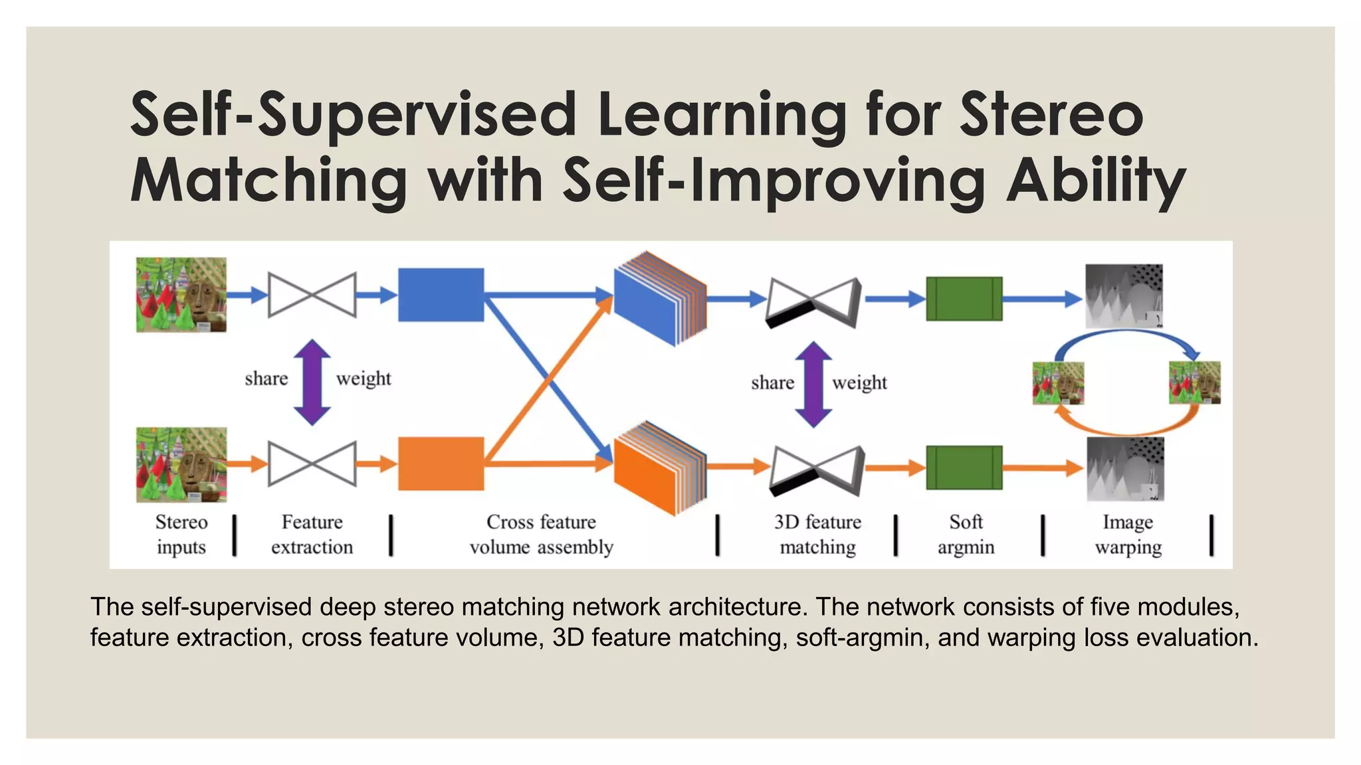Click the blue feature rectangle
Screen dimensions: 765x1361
click(x=441, y=295)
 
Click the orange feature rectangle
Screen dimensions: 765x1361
click(x=441, y=464)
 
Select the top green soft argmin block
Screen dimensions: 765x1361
click(x=964, y=299)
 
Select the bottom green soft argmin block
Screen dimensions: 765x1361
click(x=964, y=467)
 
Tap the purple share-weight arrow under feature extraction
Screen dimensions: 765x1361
click(x=312, y=382)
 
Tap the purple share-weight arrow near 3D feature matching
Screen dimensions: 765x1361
click(x=813, y=384)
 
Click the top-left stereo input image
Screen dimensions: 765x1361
click(x=181, y=295)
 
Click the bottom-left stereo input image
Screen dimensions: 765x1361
click(x=181, y=464)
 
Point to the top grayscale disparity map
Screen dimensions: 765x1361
click(x=1124, y=296)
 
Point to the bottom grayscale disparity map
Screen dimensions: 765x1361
click(x=1125, y=469)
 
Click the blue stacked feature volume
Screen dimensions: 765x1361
click(x=658, y=299)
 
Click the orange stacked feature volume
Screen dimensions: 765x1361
click(x=658, y=467)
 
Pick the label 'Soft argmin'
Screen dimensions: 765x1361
click(x=966, y=535)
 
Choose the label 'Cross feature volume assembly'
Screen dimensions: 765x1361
click(x=541, y=535)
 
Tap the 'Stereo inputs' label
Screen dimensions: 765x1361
click(x=181, y=535)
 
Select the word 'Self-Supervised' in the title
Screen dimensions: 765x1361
click(x=353, y=115)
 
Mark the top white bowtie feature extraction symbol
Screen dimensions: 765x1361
click(x=312, y=294)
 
